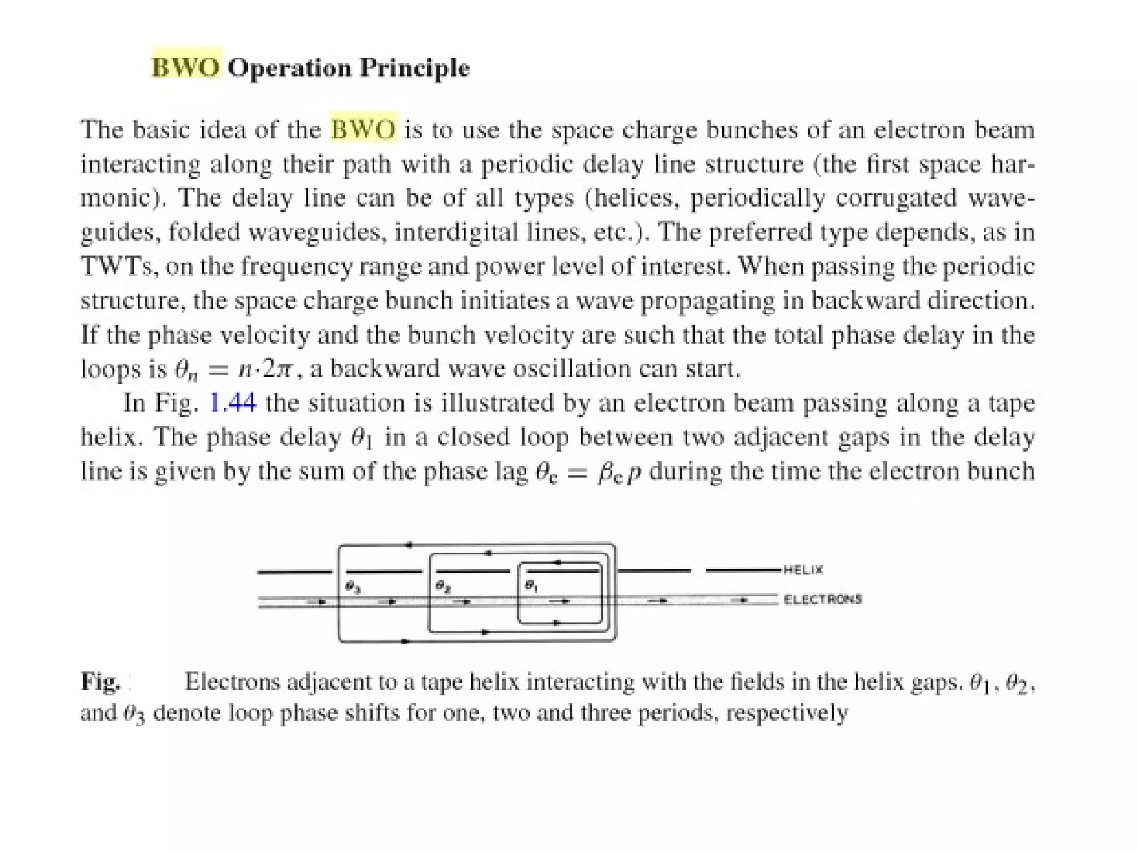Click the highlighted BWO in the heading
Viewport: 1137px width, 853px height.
point(185,68)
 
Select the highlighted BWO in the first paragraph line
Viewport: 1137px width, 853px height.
point(364,129)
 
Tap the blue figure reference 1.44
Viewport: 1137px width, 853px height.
point(233,403)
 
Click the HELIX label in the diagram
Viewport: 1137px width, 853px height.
point(803,570)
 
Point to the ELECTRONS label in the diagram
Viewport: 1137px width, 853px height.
point(823,599)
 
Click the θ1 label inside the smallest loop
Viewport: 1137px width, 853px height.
point(531,586)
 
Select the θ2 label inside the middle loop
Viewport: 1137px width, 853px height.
point(442,586)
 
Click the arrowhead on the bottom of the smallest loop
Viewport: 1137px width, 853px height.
point(557,623)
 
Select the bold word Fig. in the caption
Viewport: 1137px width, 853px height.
point(100,681)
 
